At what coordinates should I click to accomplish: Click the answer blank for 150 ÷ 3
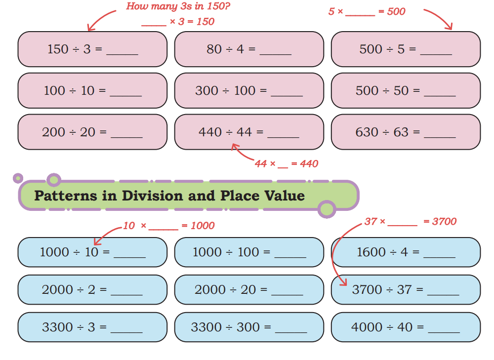[x=122, y=54]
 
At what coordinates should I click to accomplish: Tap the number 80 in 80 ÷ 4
[x=214, y=49]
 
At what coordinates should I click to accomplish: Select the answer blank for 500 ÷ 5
[x=436, y=54]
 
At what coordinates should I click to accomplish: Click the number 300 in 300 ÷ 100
[x=206, y=91]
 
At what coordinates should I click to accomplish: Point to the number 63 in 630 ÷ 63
[x=401, y=132]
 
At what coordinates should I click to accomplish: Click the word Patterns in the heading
[x=66, y=196]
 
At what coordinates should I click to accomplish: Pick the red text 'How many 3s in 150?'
[x=178, y=6]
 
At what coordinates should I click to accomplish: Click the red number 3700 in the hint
[x=444, y=221]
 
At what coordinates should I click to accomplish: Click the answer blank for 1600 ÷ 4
[x=440, y=257]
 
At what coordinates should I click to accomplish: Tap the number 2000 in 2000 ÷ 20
[x=210, y=290]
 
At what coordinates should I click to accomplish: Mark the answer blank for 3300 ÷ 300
[x=291, y=332]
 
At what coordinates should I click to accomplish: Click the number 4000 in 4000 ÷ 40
[x=367, y=327]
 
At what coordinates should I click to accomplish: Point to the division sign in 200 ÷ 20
[x=73, y=133]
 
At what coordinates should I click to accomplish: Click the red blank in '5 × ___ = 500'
[x=360, y=15]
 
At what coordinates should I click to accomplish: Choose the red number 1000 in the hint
[x=203, y=226]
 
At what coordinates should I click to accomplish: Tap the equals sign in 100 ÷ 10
[x=102, y=91]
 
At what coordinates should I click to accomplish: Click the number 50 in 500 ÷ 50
[x=401, y=91]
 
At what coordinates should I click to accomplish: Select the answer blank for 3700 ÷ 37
[x=443, y=295]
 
